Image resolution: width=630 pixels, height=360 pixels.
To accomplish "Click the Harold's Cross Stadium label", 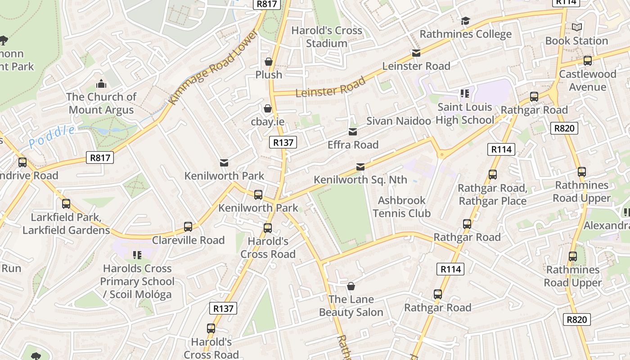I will coord(327,37).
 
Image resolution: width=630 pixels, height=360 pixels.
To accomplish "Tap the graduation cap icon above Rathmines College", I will coord(465,21).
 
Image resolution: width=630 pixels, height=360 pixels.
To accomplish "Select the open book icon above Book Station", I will coord(576,27).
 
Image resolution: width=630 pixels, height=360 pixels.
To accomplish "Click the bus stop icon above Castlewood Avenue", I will coord(587,61).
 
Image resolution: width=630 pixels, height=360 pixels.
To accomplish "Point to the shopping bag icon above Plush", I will coord(269,62).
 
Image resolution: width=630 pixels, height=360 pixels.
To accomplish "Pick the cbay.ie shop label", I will coord(268,121).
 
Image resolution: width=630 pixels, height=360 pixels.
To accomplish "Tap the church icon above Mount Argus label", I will coord(101,84).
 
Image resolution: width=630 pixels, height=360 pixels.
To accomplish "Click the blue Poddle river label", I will coord(52,137).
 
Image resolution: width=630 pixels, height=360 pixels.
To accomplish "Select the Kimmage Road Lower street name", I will coord(214,67).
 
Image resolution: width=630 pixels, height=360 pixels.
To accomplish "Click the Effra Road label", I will coord(353,145).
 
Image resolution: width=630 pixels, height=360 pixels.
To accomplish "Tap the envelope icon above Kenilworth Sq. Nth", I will coord(360,167).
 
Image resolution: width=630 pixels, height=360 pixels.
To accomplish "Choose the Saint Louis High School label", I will coord(465,113).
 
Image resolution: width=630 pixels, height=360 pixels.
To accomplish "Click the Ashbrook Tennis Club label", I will coord(401,207).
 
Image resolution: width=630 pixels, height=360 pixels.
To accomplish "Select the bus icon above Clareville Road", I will coord(188,227).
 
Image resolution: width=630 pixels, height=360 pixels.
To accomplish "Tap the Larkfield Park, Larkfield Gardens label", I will coord(66,224).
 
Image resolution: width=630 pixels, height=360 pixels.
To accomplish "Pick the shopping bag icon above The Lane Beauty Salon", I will coord(351,286).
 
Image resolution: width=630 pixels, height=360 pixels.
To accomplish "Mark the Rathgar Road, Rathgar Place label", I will coord(492,194).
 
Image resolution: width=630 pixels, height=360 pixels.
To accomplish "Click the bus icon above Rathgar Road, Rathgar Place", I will coord(493,175).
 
